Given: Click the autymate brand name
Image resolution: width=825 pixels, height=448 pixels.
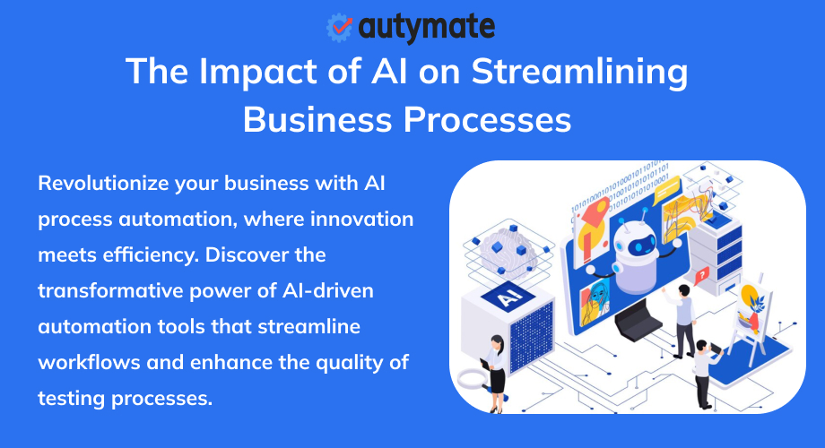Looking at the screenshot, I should (426, 28).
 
